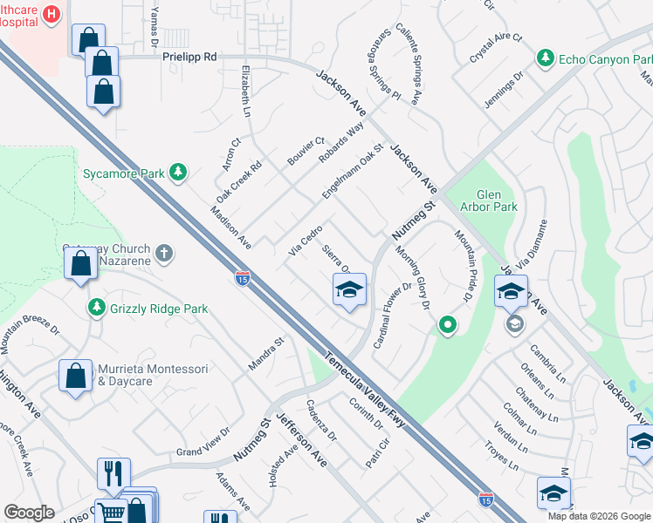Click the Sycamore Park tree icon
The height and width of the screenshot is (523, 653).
pos(178,173)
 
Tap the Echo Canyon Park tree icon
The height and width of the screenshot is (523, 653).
pos(546,58)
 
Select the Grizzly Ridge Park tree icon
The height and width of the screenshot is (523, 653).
pos(97,308)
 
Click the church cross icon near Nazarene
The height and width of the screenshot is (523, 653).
pos(163,255)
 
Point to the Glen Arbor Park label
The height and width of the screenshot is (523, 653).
pos(497,200)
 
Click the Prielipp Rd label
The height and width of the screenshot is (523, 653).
pos(189,56)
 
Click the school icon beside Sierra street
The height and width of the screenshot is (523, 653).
pos(348,289)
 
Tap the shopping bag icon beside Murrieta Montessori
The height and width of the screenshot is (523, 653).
pos(75,376)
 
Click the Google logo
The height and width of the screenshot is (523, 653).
pos(29,512)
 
